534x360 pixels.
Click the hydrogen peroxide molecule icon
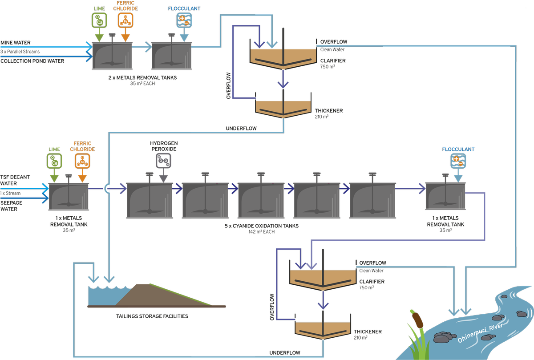163,162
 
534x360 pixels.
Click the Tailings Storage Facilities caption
149,316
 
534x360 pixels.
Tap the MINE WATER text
16,43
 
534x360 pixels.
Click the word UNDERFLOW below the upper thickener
241,128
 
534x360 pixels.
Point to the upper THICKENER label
329,111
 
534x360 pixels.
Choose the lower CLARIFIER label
372,282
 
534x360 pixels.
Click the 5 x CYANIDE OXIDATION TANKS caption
262,226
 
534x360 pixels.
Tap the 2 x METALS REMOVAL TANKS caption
142,78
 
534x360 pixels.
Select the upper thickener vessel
283,107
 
